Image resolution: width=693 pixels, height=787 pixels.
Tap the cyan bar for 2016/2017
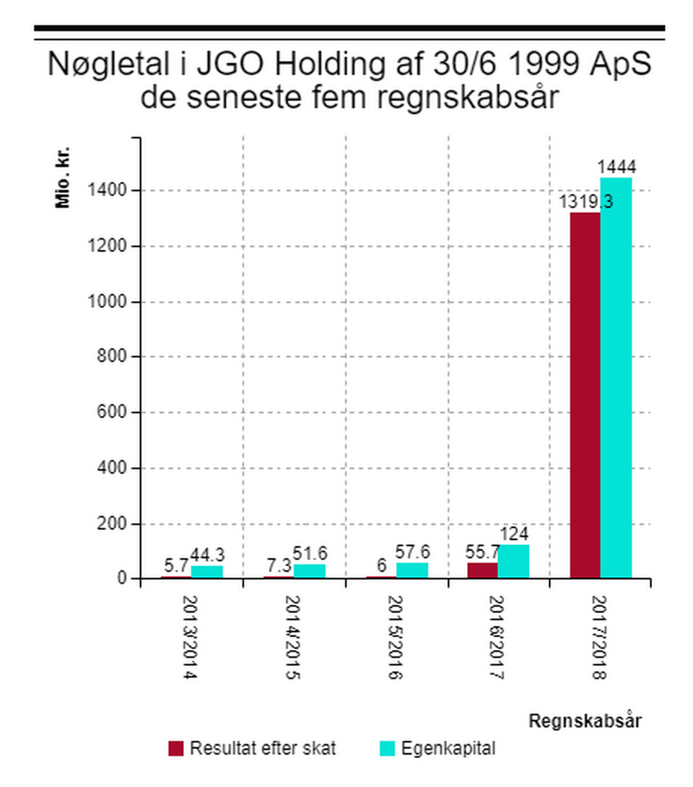coord(513,561)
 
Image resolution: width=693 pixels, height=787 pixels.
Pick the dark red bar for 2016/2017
coord(482,570)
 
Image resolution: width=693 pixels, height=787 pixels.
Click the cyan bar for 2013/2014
coord(206,572)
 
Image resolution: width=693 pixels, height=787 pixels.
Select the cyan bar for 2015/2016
coord(411,570)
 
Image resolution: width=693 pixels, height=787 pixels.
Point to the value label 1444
coord(616,168)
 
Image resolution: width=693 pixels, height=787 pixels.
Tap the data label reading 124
coord(513,535)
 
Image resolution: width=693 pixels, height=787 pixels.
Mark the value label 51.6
coord(309,555)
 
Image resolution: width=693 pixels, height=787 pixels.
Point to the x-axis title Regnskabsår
coord(585,721)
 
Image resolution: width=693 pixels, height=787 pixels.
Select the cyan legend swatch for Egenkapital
coord(388,748)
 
